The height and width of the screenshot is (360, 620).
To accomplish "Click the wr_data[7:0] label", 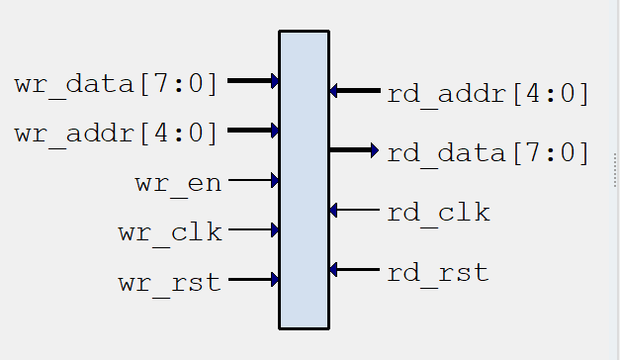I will pos(116,83).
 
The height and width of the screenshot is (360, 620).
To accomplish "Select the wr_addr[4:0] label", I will pos(116,133).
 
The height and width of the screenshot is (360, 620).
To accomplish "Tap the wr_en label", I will pos(178,183).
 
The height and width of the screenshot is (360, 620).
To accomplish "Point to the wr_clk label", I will pos(170,233).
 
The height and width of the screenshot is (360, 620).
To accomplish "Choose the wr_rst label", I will pos(170,283).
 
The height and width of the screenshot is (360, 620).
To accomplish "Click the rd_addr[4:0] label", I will pos(487,94).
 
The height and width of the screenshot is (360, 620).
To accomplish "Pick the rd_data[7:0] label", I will pos(487,153).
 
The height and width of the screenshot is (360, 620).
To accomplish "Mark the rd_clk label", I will pos(438,212).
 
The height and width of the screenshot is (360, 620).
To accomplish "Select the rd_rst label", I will pos(438,272).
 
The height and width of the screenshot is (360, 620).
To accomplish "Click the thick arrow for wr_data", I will pos(253,80).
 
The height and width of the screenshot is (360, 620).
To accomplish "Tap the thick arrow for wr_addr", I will pos(253,130).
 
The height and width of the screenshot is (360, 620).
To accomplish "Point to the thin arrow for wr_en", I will pos(253,180).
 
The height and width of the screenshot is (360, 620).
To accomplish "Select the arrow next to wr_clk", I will pos(253,229).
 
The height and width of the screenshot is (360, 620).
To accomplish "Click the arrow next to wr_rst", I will pos(253,279).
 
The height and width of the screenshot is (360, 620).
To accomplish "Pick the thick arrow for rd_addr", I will pos(355,91).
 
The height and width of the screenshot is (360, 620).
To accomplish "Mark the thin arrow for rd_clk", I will pos(355,210).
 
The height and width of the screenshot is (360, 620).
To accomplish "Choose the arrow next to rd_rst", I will pos(355,269).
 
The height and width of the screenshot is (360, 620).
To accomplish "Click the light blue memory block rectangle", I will pos(304,179).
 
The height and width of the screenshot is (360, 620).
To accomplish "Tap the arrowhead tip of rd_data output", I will pos(376,150).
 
